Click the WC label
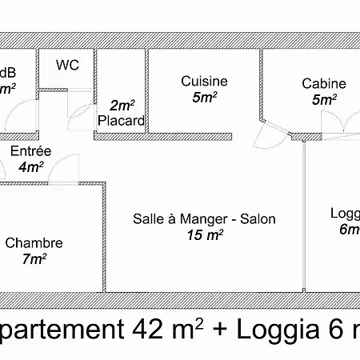[67, 66]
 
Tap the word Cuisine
[204, 81]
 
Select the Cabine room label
[324, 83]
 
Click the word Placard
[121, 122]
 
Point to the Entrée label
[30, 150]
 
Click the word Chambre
[34, 242]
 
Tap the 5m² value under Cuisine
[204, 97]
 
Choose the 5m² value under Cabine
[324, 99]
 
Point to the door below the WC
[80, 117]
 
